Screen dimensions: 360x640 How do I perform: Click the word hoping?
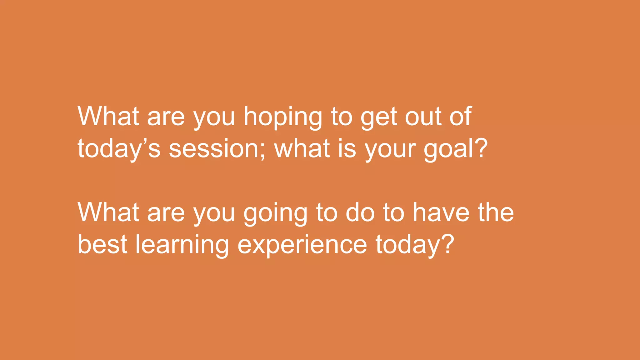point(282,117)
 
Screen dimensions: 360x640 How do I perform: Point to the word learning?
point(182,245)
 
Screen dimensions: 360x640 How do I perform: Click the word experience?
point(302,245)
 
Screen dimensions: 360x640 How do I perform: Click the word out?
point(423,117)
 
